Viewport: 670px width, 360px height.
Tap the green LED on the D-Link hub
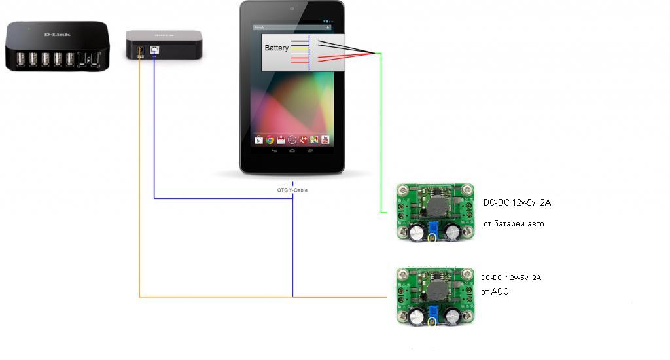pos(29,29)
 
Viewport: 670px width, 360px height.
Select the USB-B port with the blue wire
pos(153,50)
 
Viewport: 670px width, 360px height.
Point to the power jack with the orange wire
pos(139,51)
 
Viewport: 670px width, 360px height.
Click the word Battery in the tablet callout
pos(276,48)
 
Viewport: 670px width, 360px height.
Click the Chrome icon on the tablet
pos(270,139)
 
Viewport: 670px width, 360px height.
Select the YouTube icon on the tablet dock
pos(325,139)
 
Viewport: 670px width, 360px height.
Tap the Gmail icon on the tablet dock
pos(281,139)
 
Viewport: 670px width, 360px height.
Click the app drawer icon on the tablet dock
pos(292,139)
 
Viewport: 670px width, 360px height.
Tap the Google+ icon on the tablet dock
pos(303,139)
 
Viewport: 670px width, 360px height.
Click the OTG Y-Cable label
pos(292,190)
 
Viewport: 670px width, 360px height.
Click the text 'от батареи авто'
pos(513,224)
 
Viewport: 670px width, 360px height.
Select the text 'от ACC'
pos(494,292)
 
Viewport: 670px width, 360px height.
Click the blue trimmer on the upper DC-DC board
pos(432,228)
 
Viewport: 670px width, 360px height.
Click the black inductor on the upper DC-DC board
pos(436,206)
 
